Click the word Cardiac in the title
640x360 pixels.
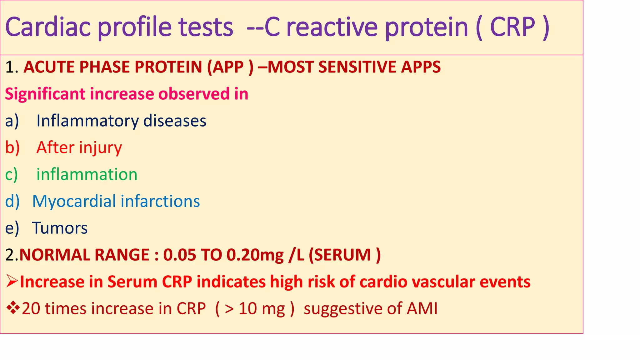[x=48, y=27]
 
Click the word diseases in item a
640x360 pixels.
[x=175, y=121]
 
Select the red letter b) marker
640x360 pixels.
[x=12, y=147]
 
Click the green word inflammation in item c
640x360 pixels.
[x=87, y=174]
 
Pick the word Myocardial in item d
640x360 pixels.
[x=74, y=201]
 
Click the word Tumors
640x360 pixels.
[x=60, y=228]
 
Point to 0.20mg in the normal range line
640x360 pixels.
[x=255, y=255]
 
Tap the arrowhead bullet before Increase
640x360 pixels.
[x=12, y=282]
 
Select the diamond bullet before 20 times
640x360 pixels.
[x=13, y=308]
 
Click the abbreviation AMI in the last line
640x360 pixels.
[x=422, y=308]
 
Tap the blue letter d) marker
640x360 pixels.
[x=12, y=201]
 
